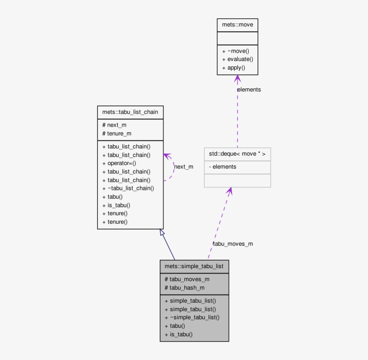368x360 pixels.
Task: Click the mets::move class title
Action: (x=237, y=25)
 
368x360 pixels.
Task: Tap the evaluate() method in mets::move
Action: (x=237, y=59)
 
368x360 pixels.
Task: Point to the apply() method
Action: (x=233, y=68)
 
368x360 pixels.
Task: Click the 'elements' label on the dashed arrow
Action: (x=249, y=90)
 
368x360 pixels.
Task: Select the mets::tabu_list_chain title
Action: (x=130, y=112)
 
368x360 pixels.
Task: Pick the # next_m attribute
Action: (x=114, y=125)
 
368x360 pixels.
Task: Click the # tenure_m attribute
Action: (x=117, y=134)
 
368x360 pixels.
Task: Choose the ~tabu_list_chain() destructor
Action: (x=128, y=188)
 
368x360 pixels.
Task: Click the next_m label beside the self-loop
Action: (x=184, y=167)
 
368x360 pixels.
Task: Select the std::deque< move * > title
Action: (x=237, y=154)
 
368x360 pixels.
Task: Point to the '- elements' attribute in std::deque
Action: (x=223, y=167)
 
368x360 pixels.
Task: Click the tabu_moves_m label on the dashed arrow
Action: (x=233, y=244)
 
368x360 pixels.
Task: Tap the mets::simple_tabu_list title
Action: (x=194, y=266)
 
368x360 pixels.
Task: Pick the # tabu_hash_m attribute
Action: (x=184, y=287)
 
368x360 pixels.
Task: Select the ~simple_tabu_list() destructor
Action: (x=192, y=317)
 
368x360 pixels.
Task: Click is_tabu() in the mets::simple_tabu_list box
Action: (x=179, y=334)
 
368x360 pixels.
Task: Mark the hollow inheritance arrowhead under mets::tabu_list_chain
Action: (x=162, y=233)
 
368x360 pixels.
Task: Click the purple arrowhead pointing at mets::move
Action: (x=237, y=79)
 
